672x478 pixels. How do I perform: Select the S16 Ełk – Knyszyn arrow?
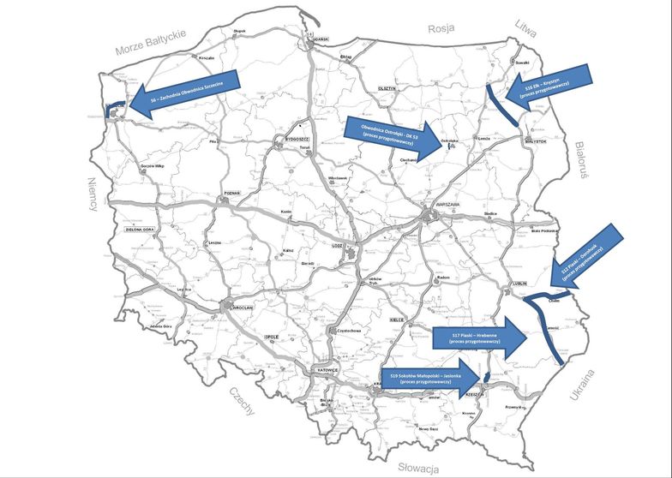[558, 85]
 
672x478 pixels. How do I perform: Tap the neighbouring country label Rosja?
[440, 27]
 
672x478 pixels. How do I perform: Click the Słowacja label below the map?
[419, 467]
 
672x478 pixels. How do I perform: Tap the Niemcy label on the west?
[95, 197]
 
